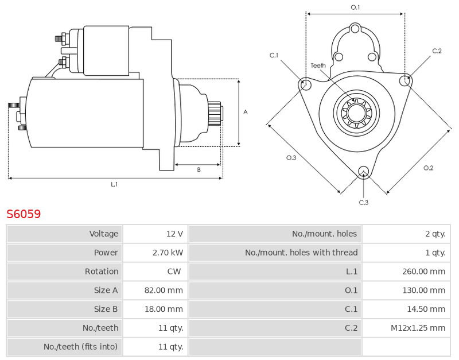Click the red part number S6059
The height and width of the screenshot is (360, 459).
point(24,214)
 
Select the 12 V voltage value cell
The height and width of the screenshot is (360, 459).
point(174,234)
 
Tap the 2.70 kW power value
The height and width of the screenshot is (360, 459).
point(168,253)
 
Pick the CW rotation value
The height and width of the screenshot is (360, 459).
point(174,271)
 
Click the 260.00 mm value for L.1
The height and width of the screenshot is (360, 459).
point(423,271)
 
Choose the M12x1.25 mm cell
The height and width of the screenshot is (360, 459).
point(418,328)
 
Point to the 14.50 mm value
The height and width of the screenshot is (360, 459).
point(426,309)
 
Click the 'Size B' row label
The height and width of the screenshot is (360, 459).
point(106,309)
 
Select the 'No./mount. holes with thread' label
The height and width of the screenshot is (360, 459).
point(301,253)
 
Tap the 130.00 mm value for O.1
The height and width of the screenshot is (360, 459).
point(423,291)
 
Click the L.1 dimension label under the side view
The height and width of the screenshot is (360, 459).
point(114,184)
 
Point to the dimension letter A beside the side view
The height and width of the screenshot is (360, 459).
point(246,112)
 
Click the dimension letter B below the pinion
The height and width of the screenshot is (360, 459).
point(199,169)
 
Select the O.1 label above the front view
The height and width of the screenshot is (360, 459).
point(355,7)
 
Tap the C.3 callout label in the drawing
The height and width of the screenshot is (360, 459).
point(364,203)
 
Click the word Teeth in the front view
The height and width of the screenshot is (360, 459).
point(318,65)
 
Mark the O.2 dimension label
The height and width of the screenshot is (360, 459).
point(428,168)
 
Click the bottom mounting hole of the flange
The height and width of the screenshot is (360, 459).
point(364,171)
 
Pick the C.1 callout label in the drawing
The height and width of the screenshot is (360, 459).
point(274,55)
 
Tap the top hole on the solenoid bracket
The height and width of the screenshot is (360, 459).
point(355,29)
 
